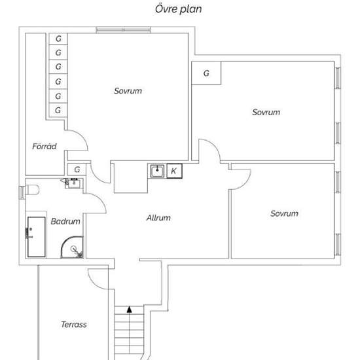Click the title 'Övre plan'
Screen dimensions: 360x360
coord(179,9)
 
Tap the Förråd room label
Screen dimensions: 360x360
coord(45,146)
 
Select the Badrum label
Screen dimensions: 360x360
coord(65,221)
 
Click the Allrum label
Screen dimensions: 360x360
coord(158,218)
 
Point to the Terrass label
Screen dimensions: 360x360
coord(74,325)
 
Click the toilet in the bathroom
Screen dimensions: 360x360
coord(32,190)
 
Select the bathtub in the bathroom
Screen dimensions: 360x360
coord(36,237)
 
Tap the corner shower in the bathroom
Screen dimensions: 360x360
coord(72,247)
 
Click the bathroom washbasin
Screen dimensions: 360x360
coord(74,183)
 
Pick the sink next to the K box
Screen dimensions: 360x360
coord(157,171)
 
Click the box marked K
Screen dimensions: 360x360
coord(175,171)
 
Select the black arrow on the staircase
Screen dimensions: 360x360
coord(130,310)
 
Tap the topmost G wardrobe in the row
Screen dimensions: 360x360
coord(58,39)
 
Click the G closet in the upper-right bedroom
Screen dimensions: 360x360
coord(206,73)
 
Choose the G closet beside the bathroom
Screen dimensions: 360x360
coord(77,170)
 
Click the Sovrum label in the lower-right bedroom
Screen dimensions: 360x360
coord(284,213)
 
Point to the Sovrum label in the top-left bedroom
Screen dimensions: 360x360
coord(128,91)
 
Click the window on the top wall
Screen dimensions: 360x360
coord(123,30)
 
